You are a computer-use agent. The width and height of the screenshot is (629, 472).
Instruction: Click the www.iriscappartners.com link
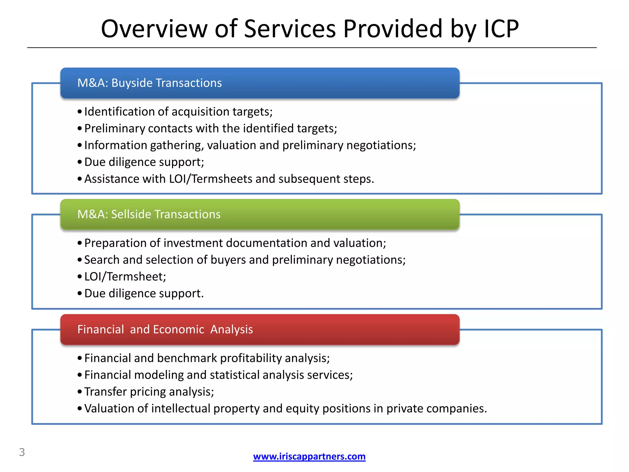(x=309, y=456)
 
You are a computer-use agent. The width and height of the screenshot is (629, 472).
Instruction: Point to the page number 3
(x=22, y=452)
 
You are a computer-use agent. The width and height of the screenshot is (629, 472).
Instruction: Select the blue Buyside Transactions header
(x=260, y=83)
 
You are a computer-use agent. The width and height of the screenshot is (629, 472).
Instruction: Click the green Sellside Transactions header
(x=260, y=214)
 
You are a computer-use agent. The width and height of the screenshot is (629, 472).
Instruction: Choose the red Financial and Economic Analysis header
(x=260, y=329)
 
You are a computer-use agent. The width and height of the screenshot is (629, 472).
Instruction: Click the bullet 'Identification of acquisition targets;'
(x=178, y=112)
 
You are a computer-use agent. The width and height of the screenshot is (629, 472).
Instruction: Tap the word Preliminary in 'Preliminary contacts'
(x=115, y=128)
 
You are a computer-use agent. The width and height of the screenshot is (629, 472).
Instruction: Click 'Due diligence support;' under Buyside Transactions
(x=144, y=162)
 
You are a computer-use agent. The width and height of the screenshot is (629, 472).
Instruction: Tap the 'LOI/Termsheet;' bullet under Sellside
(x=125, y=277)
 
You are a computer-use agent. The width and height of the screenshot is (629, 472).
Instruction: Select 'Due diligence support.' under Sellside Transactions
(x=144, y=293)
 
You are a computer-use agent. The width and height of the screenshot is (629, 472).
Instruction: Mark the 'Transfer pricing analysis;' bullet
(x=149, y=392)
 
